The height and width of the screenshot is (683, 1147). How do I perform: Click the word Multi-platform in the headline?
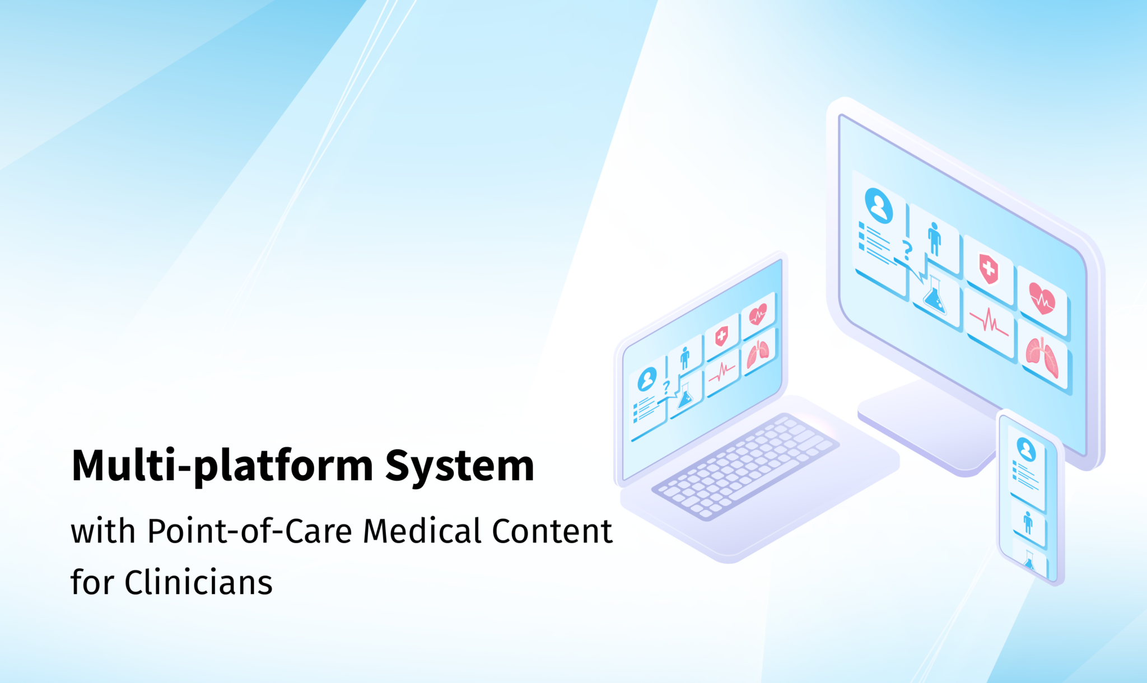(x=222, y=466)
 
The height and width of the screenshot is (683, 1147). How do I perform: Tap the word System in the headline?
(x=459, y=466)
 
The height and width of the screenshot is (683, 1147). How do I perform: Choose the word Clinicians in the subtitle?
(x=198, y=582)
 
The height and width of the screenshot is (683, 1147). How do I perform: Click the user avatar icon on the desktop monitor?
(x=879, y=205)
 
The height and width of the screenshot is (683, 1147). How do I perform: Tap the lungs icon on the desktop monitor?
(x=1042, y=357)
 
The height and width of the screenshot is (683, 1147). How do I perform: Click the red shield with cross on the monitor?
(x=989, y=269)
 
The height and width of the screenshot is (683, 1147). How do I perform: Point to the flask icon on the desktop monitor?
(x=935, y=294)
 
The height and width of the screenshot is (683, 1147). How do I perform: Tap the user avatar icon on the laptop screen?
(x=647, y=379)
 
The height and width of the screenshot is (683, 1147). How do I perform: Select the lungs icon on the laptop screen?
(x=758, y=353)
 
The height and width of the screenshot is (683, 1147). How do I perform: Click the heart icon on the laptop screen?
(x=758, y=315)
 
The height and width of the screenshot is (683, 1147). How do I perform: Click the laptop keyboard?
(x=745, y=465)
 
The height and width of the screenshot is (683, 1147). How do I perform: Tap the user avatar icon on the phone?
(x=1027, y=448)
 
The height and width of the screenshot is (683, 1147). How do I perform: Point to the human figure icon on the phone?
(x=1028, y=522)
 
